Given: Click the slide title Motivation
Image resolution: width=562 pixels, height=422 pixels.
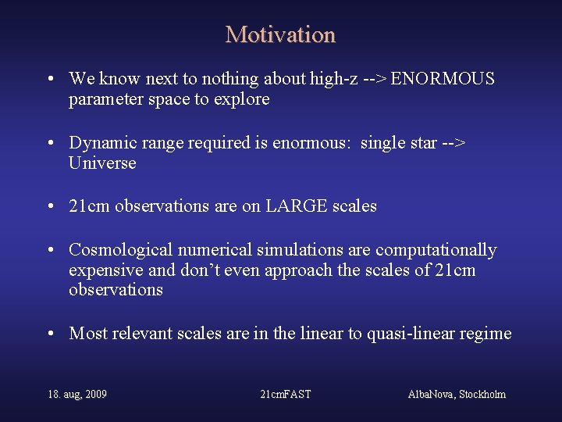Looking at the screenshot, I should (x=280, y=35).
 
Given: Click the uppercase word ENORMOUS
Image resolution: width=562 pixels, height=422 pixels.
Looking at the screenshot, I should (x=443, y=79).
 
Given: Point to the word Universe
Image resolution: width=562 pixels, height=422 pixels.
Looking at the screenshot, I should (x=102, y=163).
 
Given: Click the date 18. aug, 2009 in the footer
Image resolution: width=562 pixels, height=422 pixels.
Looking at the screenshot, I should (x=77, y=394).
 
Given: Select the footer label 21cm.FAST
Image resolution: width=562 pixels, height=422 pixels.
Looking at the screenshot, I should (x=285, y=394).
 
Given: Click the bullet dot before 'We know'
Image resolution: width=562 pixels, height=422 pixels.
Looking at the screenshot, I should (x=50, y=80).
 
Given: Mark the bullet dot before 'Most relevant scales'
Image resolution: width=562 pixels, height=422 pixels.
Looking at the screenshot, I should (x=50, y=334).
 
